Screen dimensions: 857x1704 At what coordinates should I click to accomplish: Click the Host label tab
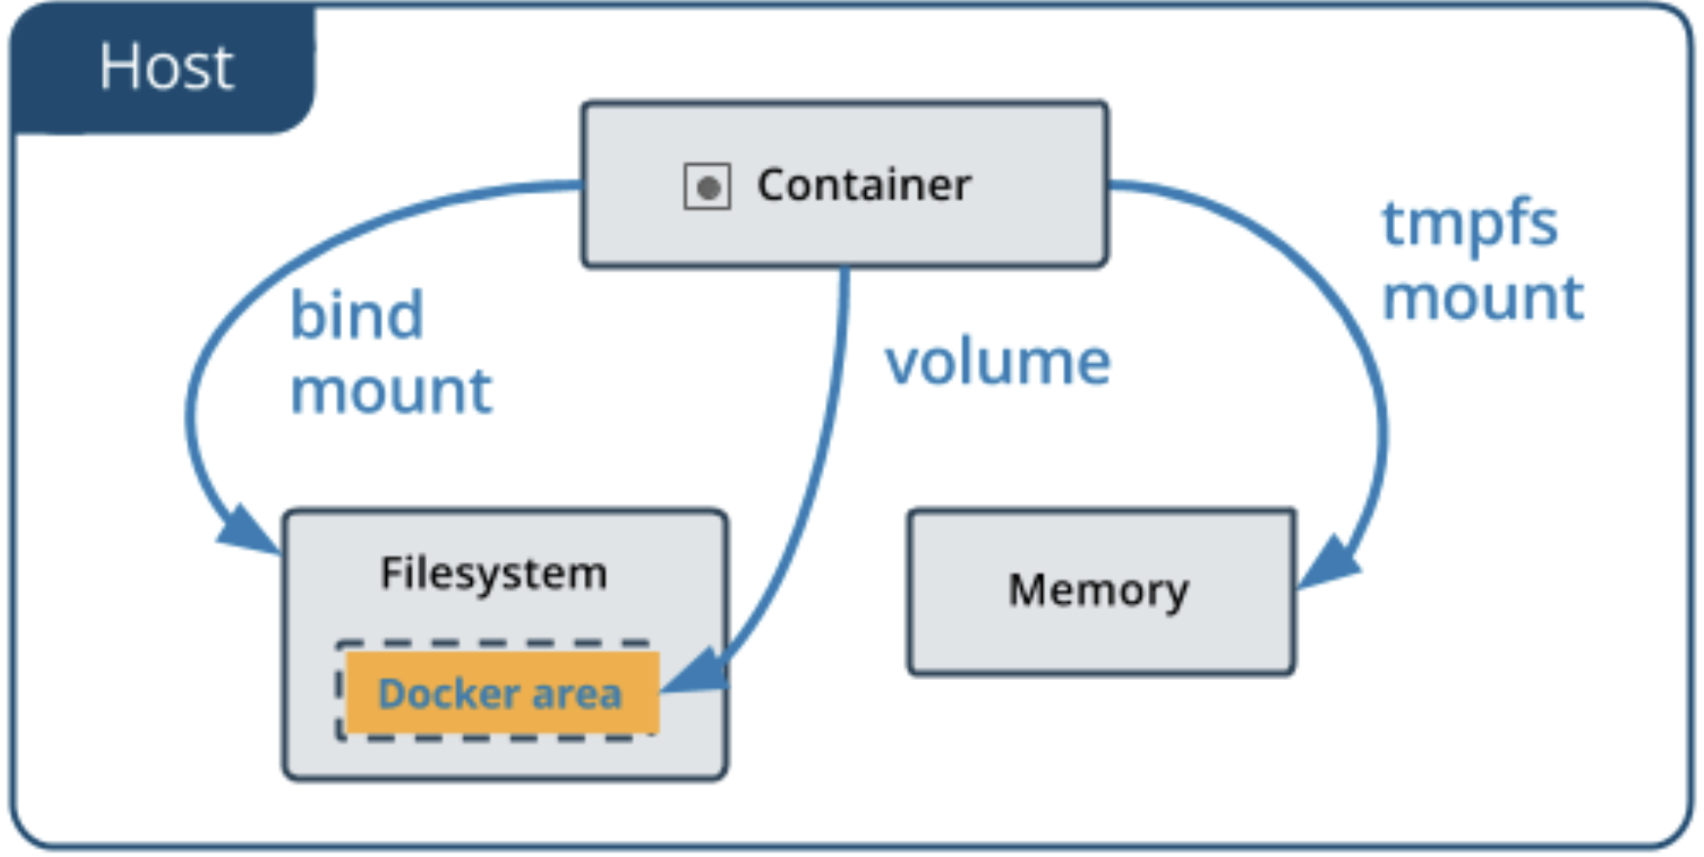[x=165, y=68]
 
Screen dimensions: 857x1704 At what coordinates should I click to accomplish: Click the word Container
[x=864, y=185]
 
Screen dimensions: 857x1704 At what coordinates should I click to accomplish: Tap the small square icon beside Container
[x=707, y=186]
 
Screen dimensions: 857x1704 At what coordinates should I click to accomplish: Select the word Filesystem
[x=494, y=573]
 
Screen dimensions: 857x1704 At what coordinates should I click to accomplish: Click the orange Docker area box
[x=501, y=693]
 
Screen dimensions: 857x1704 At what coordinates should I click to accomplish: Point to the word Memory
[x=1098, y=591]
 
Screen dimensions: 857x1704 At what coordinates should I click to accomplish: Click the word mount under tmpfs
[x=1483, y=298]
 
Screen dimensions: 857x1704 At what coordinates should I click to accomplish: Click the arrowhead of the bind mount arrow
[x=247, y=529]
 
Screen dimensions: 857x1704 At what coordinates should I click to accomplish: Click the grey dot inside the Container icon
[x=708, y=187]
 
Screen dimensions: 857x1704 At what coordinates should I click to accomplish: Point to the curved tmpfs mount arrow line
[x=1353, y=330]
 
